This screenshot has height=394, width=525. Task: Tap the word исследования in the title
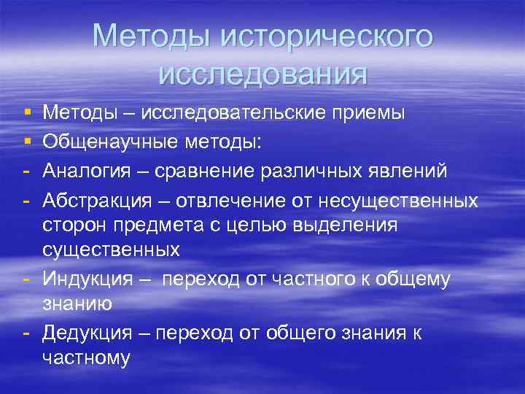[262, 73]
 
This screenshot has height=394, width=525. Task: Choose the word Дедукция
[87, 332]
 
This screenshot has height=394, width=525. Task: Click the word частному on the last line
[86, 358]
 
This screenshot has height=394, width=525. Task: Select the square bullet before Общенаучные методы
[26, 141]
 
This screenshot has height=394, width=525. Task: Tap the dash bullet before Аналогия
[26, 169]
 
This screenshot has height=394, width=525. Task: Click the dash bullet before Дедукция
[26, 332]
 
